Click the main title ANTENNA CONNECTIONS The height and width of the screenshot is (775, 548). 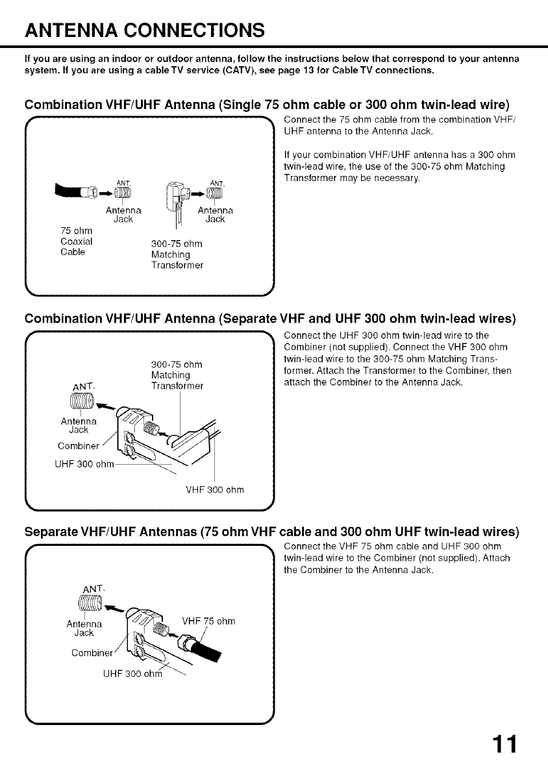145,30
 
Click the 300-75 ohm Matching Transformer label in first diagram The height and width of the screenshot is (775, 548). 177,254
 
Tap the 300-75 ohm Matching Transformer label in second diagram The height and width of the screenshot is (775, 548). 177,375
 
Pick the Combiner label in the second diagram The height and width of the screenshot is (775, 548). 77,446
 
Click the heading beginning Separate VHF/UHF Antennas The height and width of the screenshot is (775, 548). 271,532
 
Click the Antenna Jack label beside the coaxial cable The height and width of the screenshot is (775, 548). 123,215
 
